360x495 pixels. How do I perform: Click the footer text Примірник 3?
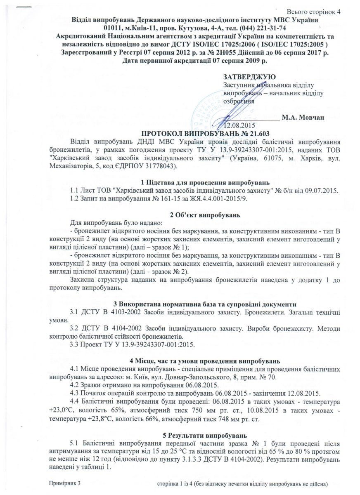(64, 482)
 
